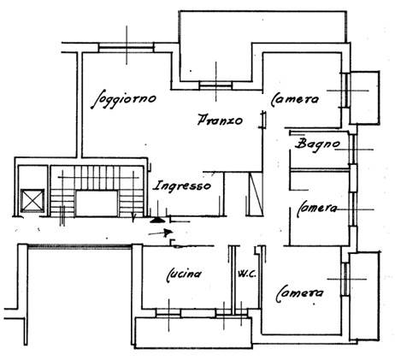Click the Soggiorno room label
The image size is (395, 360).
[x=124, y=99]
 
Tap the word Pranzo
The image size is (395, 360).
[x=220, y=120]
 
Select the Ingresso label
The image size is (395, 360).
[x=182, y=186]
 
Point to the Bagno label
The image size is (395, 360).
[x=317, y=144]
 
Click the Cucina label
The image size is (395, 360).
[x=184, y=274]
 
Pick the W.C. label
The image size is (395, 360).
[x=247, y=274]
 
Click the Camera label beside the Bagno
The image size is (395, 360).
[x=295, y=99]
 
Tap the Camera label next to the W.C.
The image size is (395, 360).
[x=300, y=293]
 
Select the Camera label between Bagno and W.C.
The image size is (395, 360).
[x=316, y=209]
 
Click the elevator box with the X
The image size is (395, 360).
[x=32, y=201]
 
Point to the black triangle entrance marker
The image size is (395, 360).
[x=156, y=220]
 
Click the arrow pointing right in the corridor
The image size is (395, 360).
[x=161, y=233]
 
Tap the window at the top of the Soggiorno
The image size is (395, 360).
[x=126, y=47]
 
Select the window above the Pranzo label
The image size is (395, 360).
[x=215, y=86]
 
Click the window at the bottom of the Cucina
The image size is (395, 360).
[x=168, y=313]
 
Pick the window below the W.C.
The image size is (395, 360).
[x=232, y=313]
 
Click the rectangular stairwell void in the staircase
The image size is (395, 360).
[x=97, y=204]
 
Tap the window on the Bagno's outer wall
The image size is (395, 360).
[x=353, y=149]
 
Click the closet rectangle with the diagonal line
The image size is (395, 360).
[x=254, y=194]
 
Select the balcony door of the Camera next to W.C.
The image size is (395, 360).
[x=345, y=279]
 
